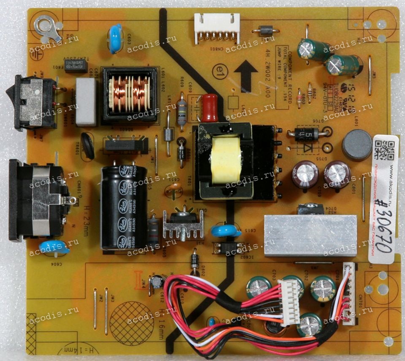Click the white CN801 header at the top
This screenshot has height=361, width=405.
[x=216, y=28]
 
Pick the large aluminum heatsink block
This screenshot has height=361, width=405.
[x=310, y=236]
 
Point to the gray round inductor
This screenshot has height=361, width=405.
[x=357, y=145]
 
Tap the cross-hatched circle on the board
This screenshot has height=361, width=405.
[x=132, y=323]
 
